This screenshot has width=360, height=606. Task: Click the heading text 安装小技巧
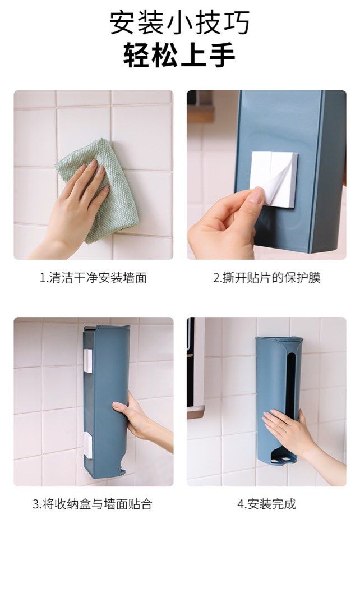[179, 23]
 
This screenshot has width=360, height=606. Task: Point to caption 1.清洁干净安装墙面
[93, 278]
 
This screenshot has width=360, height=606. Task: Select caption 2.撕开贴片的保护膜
[266, 278]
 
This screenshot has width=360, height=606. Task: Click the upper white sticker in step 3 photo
[87, 361]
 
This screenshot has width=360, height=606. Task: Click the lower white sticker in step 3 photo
[87, 443]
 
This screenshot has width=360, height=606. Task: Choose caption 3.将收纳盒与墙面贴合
[92, 504]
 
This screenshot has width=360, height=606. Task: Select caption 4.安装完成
[266, 504]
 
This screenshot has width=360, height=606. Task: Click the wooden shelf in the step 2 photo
[200, 113]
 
